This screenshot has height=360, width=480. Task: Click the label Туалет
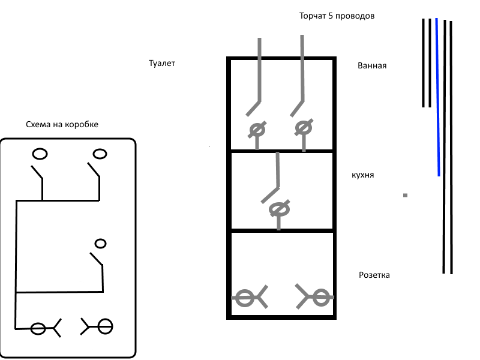(161, 62)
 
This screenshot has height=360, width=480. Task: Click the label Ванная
(371, 65)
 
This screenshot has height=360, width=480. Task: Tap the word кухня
(363, 175)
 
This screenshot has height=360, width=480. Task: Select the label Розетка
(374, 275)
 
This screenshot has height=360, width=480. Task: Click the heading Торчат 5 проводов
(337, 16)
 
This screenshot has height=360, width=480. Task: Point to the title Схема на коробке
(62, 124)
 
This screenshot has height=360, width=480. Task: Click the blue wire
(438, 96)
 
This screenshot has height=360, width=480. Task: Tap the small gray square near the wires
(406, 195)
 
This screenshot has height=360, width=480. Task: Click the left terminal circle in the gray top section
(257, 129)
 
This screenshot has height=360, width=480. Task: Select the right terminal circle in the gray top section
(303, 127)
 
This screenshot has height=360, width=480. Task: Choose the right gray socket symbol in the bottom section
(320, 296)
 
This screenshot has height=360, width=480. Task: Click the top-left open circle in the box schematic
(40, 154)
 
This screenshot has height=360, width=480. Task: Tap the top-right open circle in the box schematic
(100, 154)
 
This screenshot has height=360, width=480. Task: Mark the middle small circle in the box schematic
(101, 243)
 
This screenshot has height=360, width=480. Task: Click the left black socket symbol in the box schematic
(38, 328)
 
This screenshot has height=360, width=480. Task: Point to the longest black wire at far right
(450, 147)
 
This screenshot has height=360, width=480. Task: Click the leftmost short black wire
(423, 62)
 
